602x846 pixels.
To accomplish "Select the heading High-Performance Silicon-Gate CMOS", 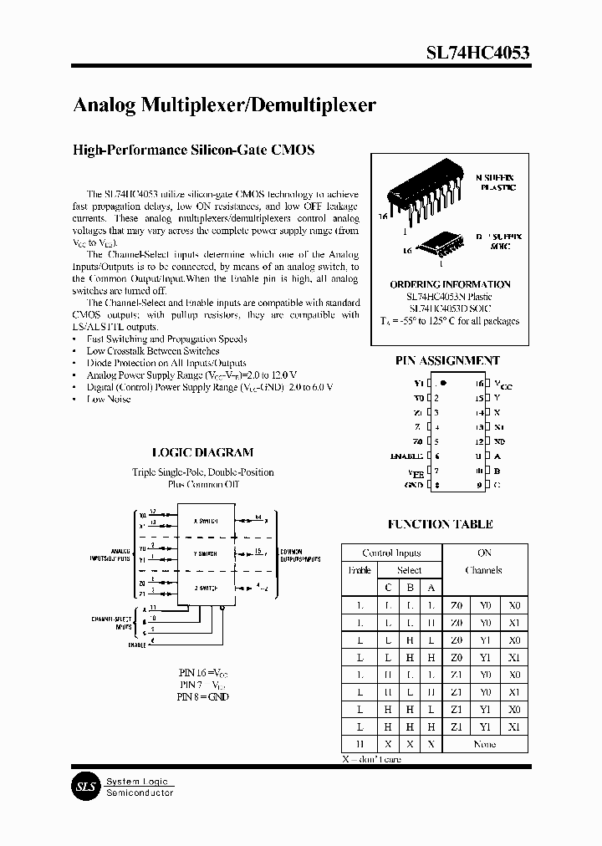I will click(194, 150).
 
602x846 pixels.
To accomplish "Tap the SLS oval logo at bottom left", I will click(84, 787).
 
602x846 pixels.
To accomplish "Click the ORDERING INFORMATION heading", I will click(450, 284).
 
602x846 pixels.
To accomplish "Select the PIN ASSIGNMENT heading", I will click(447, 360).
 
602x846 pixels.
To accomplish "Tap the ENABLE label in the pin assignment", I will click(406, 456).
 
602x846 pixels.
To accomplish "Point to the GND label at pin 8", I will click(414, 484).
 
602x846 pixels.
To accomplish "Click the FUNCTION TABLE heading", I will click(440, 524).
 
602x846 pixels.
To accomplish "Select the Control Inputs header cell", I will click(390, 553).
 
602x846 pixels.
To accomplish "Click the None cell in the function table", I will click(484, 744).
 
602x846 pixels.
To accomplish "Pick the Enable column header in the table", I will click(359, 570).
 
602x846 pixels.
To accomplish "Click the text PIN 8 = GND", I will click(203, 696).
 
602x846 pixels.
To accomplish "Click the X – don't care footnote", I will click(371, 759).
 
